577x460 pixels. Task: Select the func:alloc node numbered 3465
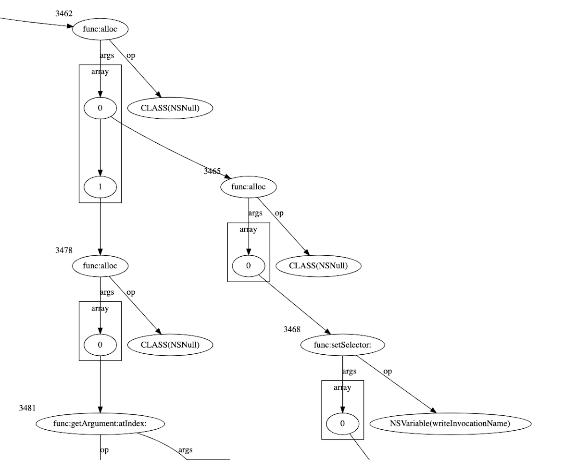[x=248, y=187]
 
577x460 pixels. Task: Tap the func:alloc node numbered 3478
[x=100, y=266]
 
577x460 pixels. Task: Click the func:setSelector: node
[x=342, y=345]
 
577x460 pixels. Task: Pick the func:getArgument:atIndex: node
[x=100, y=423]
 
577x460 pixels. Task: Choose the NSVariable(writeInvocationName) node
[x=450, y=423]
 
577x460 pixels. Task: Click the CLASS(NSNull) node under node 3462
[x=170, y=108]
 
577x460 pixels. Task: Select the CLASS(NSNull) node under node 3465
[x=318, y=266]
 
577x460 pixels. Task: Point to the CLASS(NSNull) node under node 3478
[x=170, y=345]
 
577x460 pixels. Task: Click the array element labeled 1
[x=100, y=187]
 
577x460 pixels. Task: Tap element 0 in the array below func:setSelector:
[x=342, y=423]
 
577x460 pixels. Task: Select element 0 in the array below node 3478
[x=100, y=345]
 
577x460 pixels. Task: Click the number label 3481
[x=27, y=408]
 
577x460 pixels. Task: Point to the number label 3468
[x=292, y=329]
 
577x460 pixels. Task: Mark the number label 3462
[x=64, y=13]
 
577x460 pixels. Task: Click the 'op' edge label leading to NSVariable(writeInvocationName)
[x=388, y=371]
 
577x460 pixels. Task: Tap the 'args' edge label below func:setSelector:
[x=350, y=371]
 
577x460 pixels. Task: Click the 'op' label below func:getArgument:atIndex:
[x=104, y=450]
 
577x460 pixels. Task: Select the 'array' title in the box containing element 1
[x=100, y=72]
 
